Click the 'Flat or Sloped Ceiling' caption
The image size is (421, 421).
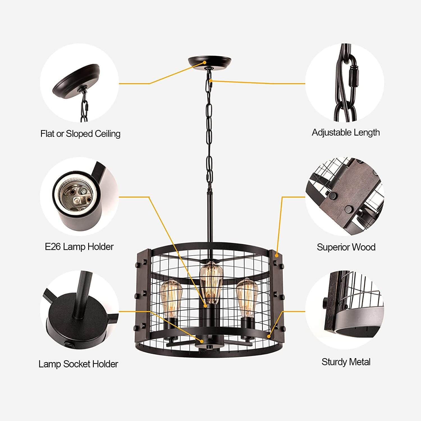coord(80,134)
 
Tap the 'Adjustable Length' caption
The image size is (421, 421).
coord(346,132)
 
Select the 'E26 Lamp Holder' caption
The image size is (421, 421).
coord(79,247)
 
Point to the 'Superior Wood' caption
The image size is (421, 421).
coord(346,247)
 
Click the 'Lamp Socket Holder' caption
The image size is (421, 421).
coord(78,364)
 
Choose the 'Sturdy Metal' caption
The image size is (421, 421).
coord(346,362)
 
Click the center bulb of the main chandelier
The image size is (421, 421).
coord(210,282)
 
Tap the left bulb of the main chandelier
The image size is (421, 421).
coord(171,298)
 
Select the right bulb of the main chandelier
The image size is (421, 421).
coord(247,297)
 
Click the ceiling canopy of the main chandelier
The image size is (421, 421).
coord(210,63)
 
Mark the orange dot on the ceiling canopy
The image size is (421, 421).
coord(205,63)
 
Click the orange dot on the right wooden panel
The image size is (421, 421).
coord(277,255)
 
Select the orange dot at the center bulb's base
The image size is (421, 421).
coord(205,306)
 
